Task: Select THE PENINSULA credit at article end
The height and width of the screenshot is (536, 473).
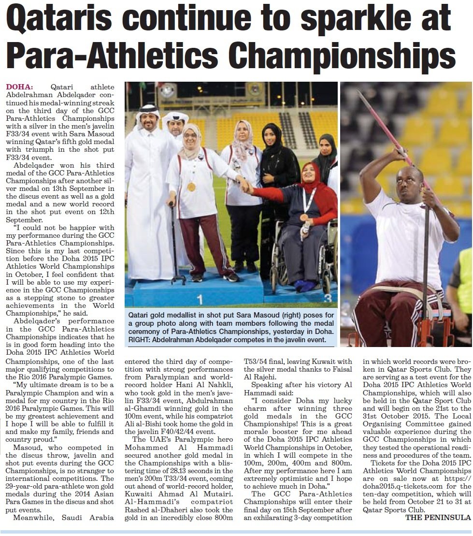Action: click(x=438, y=517)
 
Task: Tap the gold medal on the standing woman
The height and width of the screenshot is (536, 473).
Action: click(x=191, y=187)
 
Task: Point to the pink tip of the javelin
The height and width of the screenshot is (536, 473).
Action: click(x=367, y=104)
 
